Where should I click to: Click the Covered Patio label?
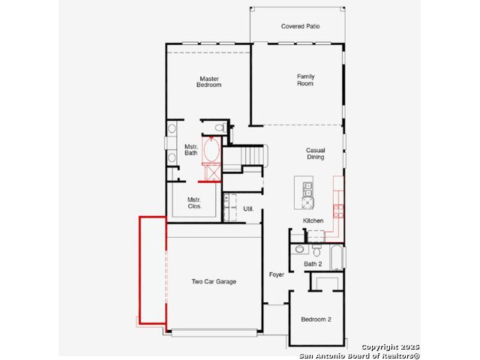pos(300,26)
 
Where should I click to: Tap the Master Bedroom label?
pos(209,82)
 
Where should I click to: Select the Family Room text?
pos(305,80)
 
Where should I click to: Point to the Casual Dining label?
pos(315,153)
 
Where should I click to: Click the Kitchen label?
pos(313,220)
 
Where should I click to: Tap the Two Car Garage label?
pos(214,281)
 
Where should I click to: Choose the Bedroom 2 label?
pos(316,319)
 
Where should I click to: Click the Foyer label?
pos(277,274)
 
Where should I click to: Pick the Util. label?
pos(248,208)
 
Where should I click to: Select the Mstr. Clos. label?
pos(194,203)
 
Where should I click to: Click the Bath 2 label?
pos(313,264)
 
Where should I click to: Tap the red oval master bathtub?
pos(211,150)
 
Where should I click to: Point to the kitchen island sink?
pos(307,190)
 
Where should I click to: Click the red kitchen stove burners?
pos(338,211)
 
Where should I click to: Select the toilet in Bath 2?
pos(316,250)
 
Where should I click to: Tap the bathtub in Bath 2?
pos(337,257)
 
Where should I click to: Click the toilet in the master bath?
pos(220,127)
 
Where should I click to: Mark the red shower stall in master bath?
pos(212,172)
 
